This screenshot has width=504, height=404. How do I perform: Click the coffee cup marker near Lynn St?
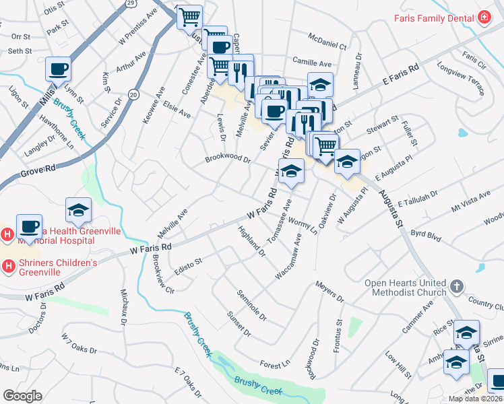[x=58, y=69]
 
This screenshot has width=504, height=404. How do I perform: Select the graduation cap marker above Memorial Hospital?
[x=78, y=211]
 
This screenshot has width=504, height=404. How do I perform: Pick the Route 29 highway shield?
[x=131, y=3]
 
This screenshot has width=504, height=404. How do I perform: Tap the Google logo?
[x=22, y=395]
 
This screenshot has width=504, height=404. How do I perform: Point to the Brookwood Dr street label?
[x=228, y=160]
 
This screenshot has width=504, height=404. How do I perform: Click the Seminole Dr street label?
[x=251, y=305]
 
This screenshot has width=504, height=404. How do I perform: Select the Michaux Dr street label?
[x=124, y=306]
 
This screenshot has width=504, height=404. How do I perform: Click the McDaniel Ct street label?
[x=326, y=42]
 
